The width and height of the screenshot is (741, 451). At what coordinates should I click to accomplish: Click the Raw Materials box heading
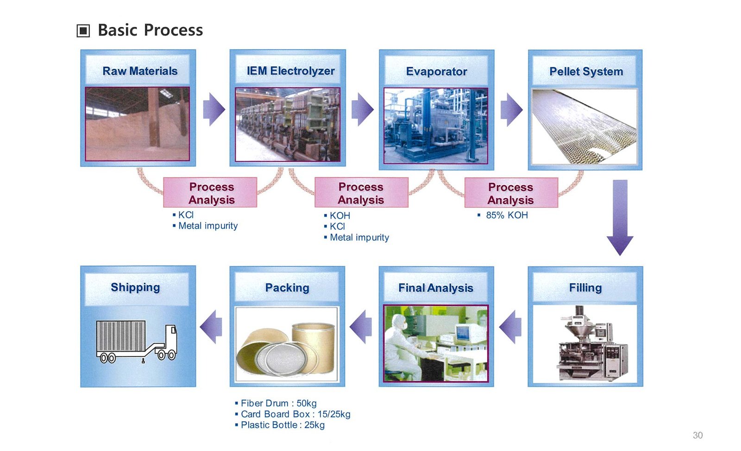[140, 71]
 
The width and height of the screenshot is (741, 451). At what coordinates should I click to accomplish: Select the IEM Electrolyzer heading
[290, 71]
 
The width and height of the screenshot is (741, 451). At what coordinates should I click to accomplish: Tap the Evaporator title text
[436, 71]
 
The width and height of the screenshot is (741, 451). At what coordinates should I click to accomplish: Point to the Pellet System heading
[586, 71]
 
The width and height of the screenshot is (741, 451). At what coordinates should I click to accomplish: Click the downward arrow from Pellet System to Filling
[620, 218]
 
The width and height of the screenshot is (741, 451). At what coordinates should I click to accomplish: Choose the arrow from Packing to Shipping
[211, 327]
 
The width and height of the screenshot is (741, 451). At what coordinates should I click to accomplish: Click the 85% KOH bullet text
[507, 215]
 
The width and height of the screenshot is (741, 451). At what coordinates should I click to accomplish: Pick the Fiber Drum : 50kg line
[278, 403]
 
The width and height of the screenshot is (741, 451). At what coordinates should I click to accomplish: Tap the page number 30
[697, 435]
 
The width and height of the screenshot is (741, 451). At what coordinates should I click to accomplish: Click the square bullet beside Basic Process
[83, 31]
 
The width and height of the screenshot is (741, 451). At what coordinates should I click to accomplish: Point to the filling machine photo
[585, 343]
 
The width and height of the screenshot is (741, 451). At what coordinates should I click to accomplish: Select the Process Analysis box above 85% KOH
[511, 193]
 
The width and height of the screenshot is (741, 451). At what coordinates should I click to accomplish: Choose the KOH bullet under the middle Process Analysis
[339, 216]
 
